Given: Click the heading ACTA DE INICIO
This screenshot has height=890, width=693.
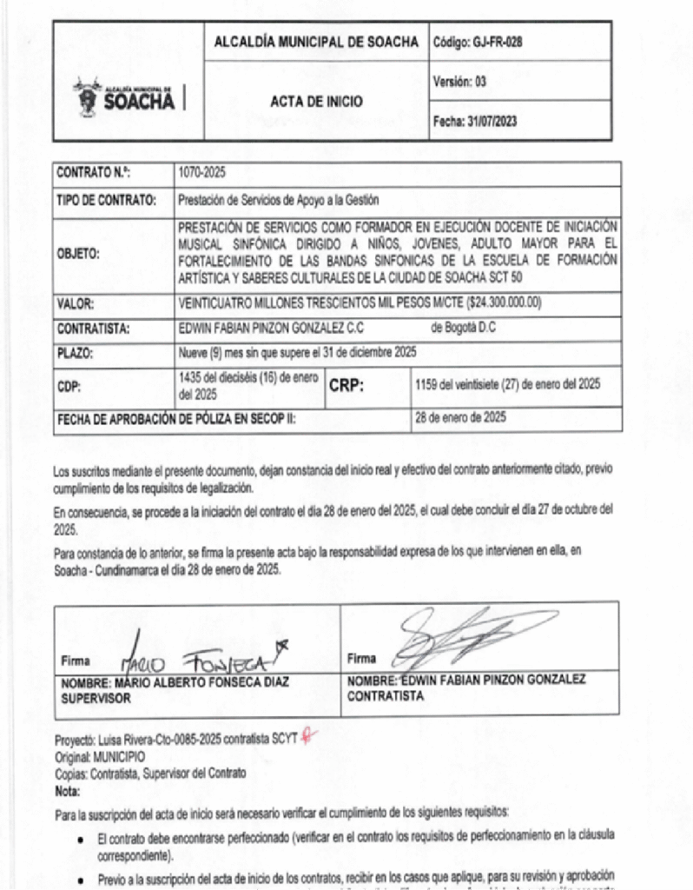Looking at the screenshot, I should [316, 102].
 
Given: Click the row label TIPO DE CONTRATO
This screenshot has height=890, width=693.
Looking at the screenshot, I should [106, 199].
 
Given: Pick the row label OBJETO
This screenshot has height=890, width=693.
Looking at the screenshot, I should [78, 255].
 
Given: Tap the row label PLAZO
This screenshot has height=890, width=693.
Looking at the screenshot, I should [75, 354].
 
